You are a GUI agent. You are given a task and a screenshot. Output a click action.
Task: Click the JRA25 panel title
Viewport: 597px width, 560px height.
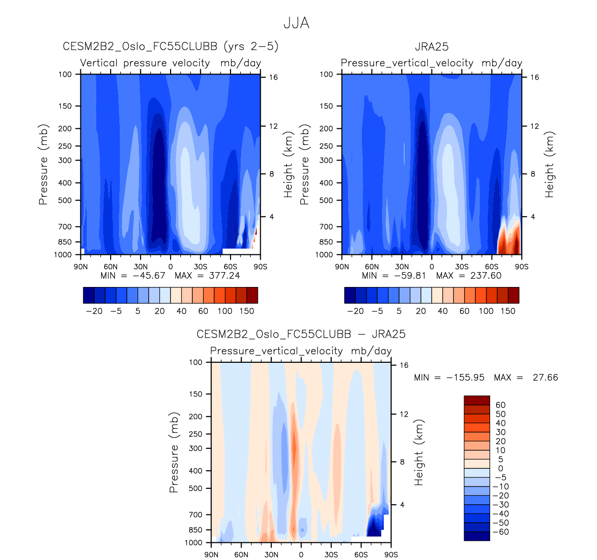[432, 47]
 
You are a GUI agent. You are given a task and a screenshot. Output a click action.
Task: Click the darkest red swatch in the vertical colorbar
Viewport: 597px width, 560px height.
[477, 400]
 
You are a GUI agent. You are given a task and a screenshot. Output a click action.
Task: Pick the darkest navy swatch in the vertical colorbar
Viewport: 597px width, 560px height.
[477, 536]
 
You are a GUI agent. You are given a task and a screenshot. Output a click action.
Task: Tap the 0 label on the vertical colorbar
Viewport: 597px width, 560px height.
[500, 468]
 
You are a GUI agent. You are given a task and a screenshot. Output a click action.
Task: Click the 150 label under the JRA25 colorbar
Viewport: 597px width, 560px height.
[508, 311]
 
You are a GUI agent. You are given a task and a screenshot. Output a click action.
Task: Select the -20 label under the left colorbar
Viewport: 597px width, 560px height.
[94, 311]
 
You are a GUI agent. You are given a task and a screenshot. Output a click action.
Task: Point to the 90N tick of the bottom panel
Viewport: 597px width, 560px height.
[211, 554]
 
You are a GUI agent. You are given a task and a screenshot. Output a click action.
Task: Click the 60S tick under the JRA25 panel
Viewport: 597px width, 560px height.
[492, 267]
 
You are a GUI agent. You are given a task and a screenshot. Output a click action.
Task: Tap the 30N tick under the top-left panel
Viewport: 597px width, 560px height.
[140, 267]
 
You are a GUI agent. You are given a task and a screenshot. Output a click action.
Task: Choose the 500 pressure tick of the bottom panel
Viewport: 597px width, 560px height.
[196, 488]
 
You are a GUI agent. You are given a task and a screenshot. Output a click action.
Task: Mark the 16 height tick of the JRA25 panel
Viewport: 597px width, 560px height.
[535, 77]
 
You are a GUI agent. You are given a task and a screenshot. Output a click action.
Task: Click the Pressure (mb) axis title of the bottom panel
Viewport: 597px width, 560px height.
[174, 452]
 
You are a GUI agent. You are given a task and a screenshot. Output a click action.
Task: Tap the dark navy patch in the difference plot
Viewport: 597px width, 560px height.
[374, 528]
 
